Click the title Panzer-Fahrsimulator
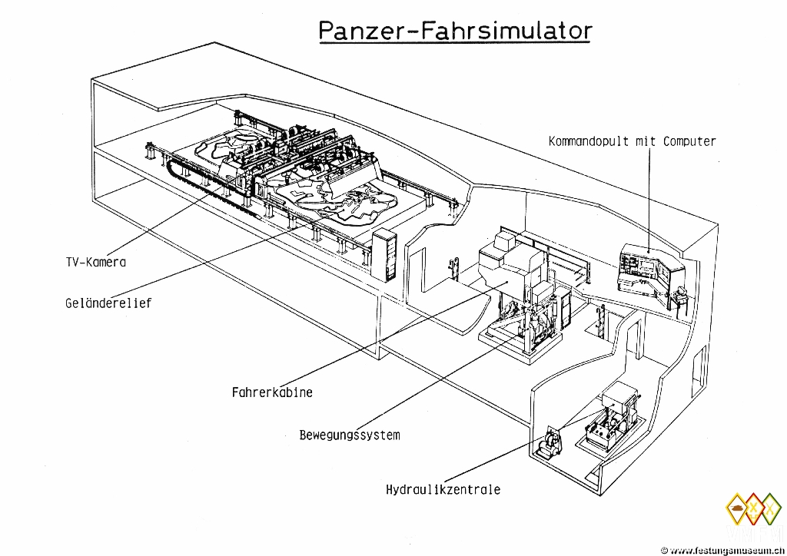[x=455, y=30]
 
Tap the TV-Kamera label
[x=95, y=262]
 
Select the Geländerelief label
[x=108, y=303]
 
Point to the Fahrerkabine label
[x=272, y=392]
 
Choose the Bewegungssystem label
[x=350, y=435]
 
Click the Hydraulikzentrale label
[x=443, y=489]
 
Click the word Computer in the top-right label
[x=689, y=141]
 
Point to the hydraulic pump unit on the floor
[x=552, y=443]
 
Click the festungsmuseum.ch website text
[x=726, y=550]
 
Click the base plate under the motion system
[x=511, y=343]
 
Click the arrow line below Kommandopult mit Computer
[x=649, y=200]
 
